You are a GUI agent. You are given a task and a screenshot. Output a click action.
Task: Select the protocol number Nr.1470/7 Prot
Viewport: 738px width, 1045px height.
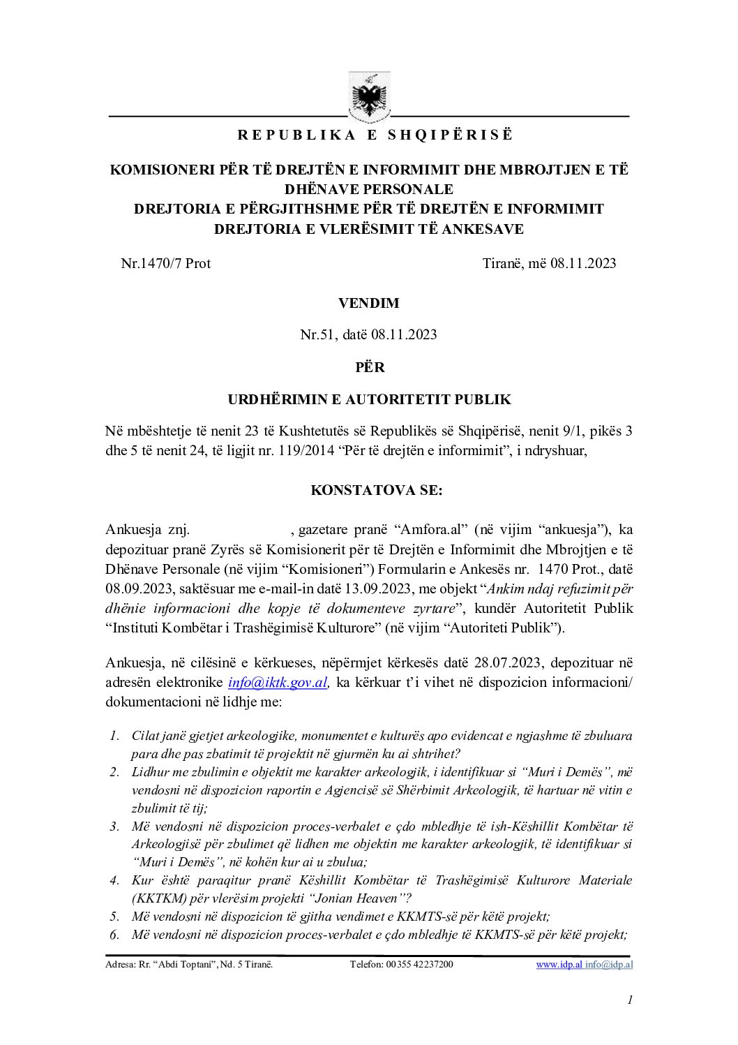[x=166, y=263]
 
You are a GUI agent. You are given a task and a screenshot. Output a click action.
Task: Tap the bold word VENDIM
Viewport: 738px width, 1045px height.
[x=369, y=303]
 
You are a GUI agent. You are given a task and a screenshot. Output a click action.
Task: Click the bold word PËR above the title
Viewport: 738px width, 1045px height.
[x=369, y=367]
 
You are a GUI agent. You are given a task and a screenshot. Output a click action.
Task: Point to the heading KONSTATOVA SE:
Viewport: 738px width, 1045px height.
[x=376, y=490]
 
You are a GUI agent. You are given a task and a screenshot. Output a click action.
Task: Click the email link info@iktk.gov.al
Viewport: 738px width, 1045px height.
[x=278, y=683]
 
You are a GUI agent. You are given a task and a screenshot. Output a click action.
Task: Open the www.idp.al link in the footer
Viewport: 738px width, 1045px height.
[x=559, y=965]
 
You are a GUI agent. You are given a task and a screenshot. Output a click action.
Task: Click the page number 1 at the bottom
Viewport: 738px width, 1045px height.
[x=630, y=1000]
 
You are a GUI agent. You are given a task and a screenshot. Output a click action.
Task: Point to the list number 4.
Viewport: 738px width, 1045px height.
[x=114, y=880]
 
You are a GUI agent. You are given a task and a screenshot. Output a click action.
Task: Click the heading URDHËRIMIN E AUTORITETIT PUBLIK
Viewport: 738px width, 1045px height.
[x=369, y=400]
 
